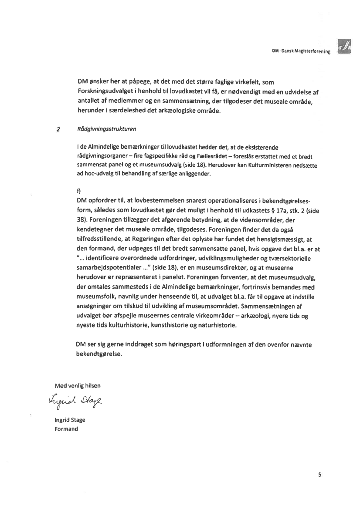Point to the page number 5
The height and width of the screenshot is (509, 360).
pyautogui.click(x=319, y=475)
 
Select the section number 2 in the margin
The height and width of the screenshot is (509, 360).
pyautogui.click(x=58, y=129)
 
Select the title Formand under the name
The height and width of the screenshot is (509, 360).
pyautogui.click(x=66, y=429)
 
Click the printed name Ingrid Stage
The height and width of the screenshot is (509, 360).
pyautogui.click(x=70, y=420)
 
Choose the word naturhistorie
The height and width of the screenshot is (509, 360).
pyautogui.click(x=231, y=325)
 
